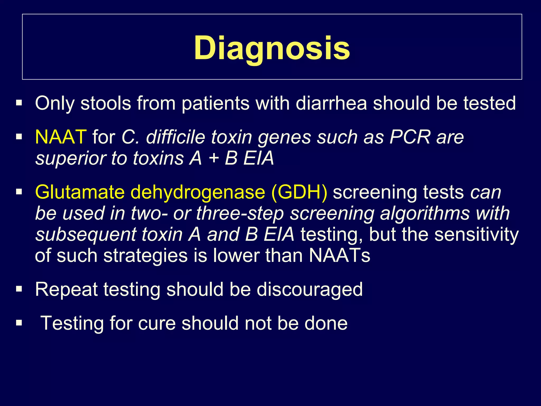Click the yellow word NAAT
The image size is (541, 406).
(x=60, y=137)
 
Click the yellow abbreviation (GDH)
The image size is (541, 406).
(x=299, y=192)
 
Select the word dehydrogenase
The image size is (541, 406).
(x=198, y=192)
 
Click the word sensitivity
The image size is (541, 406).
(x=477, y=234)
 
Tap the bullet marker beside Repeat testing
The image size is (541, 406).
(x=19, y=289)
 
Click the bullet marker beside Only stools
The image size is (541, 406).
(x=19, y=103)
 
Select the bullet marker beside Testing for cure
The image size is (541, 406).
(x=19, y=322)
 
